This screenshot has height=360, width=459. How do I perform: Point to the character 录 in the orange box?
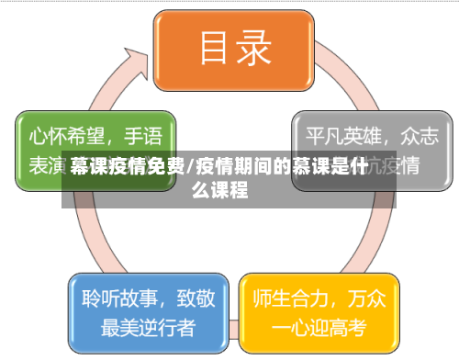(253, 48)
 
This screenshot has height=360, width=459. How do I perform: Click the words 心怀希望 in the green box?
(63, 138)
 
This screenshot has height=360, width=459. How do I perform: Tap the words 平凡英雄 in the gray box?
(338, 138)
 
